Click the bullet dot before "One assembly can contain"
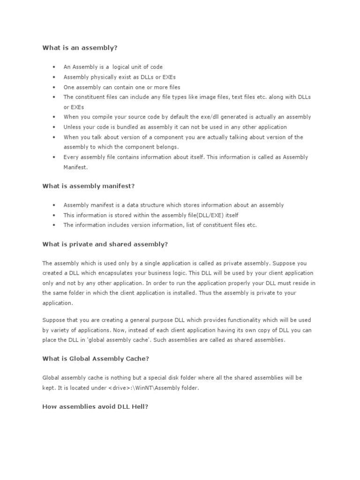point(54,87)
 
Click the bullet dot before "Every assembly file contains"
point(54,157)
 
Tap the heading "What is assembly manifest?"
point(89,186)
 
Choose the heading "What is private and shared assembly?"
point(105,244)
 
